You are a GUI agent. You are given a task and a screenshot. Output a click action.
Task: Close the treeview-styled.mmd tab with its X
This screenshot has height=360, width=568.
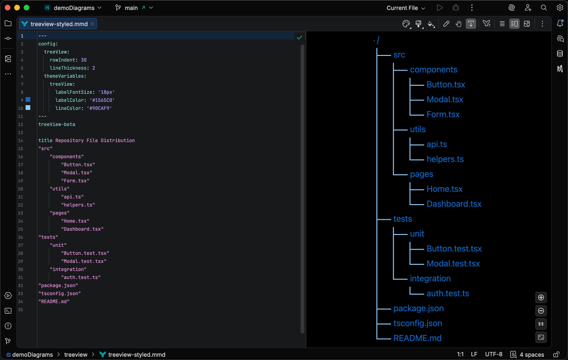92,24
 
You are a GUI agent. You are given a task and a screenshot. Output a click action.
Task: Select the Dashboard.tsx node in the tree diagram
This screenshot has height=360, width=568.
453,204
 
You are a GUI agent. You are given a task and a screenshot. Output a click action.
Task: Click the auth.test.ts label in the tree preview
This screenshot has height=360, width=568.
447,293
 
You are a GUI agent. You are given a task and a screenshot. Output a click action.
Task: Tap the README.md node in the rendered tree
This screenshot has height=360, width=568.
417,338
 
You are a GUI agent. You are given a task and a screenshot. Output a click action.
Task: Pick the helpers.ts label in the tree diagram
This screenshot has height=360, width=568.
445,159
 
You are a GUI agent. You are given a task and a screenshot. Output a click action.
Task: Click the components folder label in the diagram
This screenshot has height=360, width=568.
433,70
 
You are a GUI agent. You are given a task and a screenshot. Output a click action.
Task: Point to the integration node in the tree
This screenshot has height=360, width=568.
430,279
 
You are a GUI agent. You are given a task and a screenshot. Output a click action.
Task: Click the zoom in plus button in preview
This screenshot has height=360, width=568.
541,297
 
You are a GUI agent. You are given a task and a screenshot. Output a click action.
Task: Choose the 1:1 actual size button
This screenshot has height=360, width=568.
541,324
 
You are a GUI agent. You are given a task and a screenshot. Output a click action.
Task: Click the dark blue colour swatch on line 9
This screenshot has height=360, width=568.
28,99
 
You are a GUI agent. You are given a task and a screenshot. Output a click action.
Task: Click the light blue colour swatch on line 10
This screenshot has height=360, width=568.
28,108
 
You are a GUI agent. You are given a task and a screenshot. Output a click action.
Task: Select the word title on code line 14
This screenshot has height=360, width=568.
45,141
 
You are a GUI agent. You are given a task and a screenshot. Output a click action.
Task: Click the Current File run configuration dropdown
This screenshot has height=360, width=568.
406,8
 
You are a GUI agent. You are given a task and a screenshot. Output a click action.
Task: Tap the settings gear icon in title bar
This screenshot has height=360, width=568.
559,8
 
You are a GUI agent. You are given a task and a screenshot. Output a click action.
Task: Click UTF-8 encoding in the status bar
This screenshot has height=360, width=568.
494,354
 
